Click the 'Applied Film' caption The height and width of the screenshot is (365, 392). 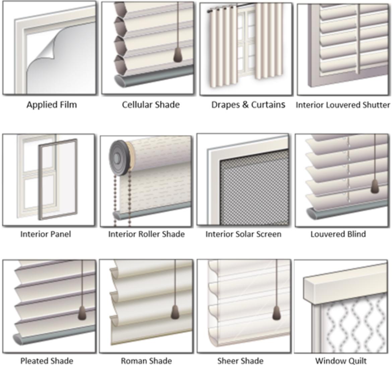click(x=52, y=105)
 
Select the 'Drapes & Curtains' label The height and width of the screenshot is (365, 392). click(x=248, y=105)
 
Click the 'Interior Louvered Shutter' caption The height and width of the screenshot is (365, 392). click(x=343, y=105)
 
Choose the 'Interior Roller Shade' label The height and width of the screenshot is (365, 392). click(x=146, y=234)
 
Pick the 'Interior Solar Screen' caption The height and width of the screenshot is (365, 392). click(x=244, y=234)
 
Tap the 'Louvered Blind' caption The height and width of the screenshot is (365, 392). click(x=338, y=234)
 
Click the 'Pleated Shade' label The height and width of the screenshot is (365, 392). click(x=47, y=361)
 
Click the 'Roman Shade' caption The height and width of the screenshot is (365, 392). click(x=146, y=361)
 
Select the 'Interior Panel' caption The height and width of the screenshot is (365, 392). click(x=46, y=234)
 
